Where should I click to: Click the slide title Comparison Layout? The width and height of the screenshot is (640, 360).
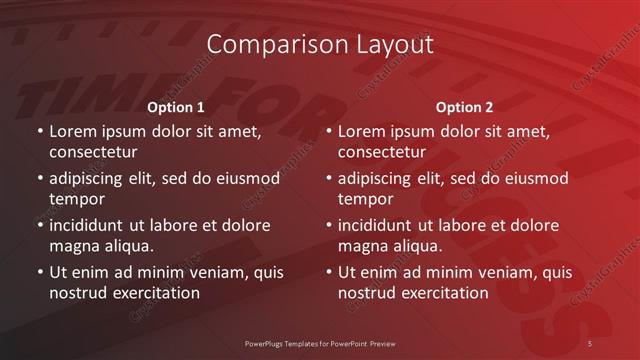pyautogui.click(x=320, y=45)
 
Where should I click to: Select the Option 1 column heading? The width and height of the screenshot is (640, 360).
pyautogui.click(x=176, y=107)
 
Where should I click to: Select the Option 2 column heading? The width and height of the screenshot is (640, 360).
pyautogui.click(x=464, y=107)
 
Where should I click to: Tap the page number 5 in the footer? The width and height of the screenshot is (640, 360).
pyautogui.click(x=591, y=343)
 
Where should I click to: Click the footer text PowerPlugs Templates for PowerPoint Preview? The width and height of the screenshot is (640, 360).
pyautogui.click(x=319, y=343)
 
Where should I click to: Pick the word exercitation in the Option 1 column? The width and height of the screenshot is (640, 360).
pyautogui.click(x=155, y=293)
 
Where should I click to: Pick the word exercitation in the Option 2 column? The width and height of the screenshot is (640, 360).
pyautogui.click(x=444, y=293)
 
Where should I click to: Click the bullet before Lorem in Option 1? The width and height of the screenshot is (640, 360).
pyautogui.click(x=39, y=132)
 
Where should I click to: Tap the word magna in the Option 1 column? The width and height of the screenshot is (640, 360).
pyautogui.click(x=75, y=246)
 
